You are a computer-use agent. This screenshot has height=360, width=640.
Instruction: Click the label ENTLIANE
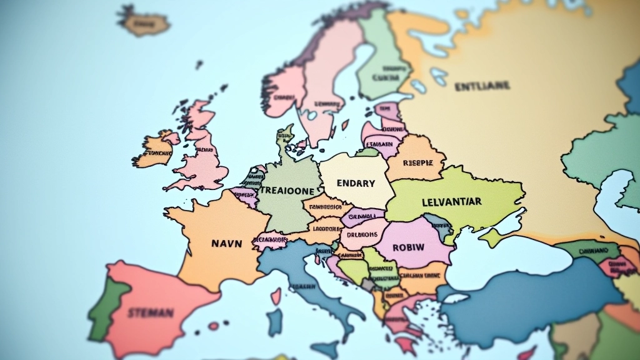tap(482, 86)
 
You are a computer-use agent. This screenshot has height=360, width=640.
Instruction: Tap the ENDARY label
tap(356, 183)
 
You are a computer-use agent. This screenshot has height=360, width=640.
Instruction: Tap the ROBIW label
tap(408, 247)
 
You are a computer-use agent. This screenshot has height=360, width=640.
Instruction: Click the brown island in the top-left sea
tap(144, 24)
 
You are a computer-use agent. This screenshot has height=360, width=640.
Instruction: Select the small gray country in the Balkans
tap(368, 284)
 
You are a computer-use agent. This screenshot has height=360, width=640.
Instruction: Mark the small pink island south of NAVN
tap(214, 326)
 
